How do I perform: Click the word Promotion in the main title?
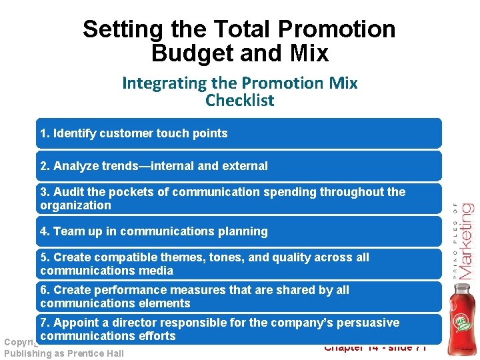(336, 29)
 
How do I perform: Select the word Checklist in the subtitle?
(239, 101)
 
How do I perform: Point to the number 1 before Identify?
(43, 133)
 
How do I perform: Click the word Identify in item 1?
(75, 133)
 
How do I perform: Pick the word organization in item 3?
(75, 205)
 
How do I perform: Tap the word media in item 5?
(157, 271)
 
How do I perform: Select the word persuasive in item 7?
(371, 323)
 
